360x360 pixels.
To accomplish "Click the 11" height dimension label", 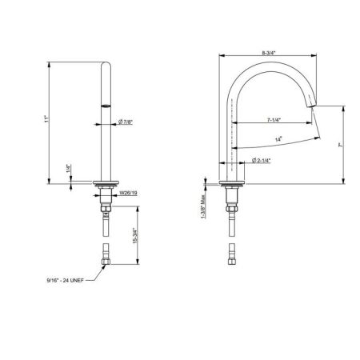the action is tap(46, 119).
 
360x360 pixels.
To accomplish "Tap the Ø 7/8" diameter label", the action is tap(126, 122).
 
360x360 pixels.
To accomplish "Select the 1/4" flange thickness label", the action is tap(69, 169).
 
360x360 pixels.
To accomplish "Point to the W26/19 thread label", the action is tap(128, 193).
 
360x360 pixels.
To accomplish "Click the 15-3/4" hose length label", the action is tap(135, 235).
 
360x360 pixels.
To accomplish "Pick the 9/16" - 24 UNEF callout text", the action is tap(66, 280).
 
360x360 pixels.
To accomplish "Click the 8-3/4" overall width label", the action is tap(268, 53).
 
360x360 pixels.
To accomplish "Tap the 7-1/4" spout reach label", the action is tap(274, 120).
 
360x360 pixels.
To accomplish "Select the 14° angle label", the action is tap(278, 139).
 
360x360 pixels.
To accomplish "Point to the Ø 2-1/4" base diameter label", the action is tap(261, 160).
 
